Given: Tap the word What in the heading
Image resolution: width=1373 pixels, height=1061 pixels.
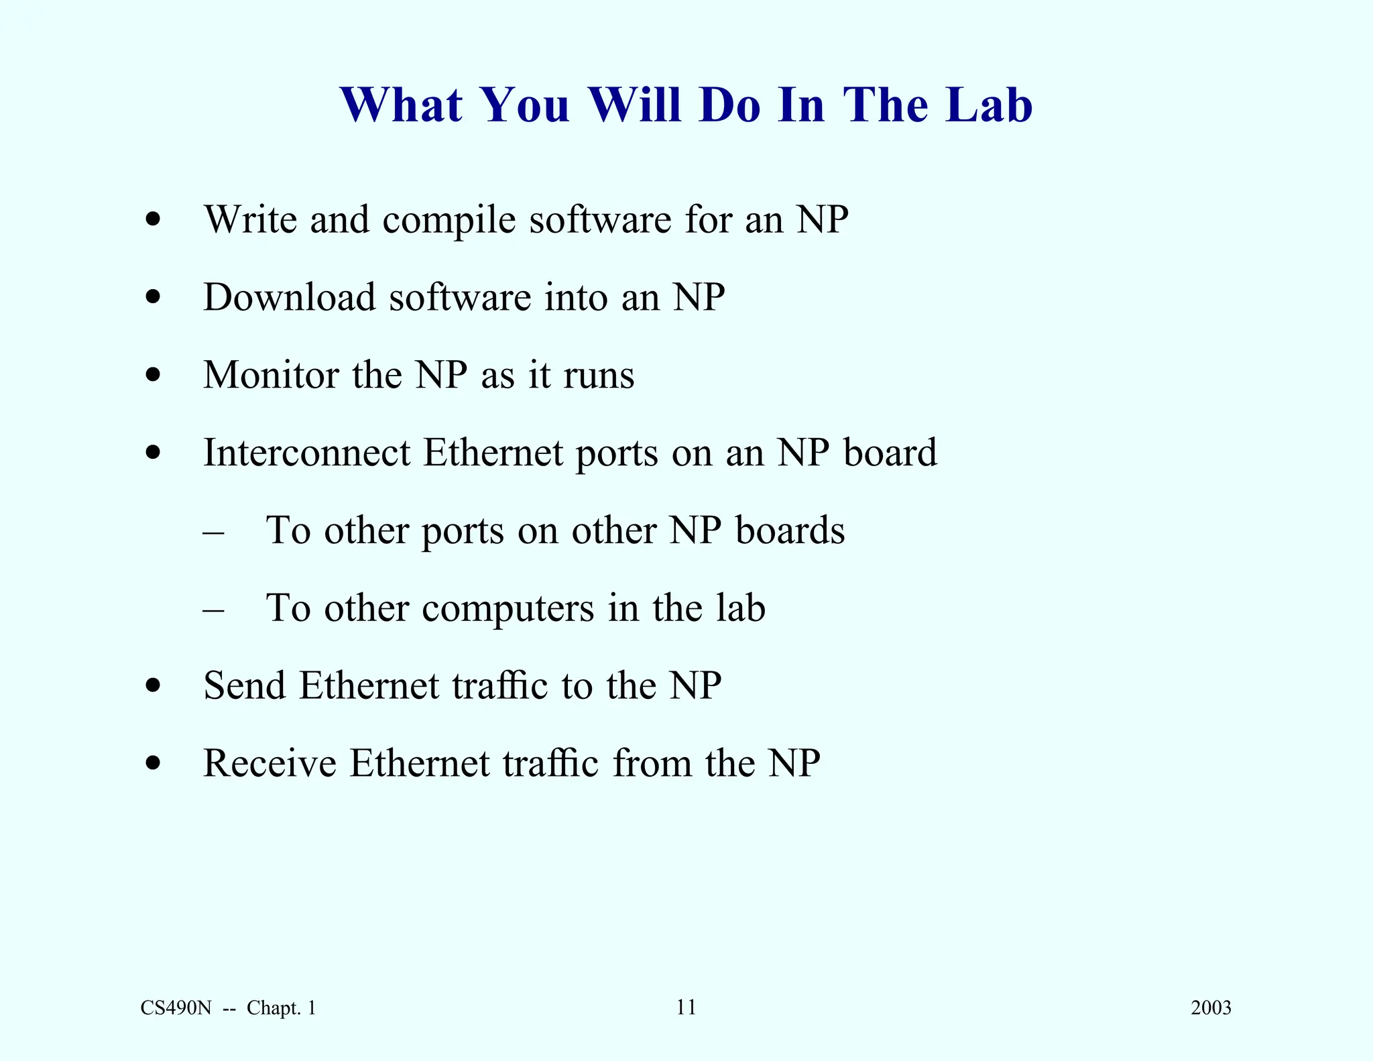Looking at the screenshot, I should click(401, 106).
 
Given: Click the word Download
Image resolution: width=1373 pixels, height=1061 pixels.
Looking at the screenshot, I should click(289, 297).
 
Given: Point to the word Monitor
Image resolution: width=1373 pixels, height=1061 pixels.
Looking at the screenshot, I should click(271, 375).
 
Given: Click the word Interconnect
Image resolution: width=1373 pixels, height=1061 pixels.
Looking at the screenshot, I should click(306, 453).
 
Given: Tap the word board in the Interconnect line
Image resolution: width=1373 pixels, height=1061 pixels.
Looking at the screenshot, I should click(890, 453).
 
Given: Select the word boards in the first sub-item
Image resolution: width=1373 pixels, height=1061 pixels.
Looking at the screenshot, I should click(790, 530).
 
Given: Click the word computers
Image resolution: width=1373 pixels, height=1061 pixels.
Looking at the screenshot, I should click(508, 609).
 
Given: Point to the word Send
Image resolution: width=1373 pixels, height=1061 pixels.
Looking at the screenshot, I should click(245, 686).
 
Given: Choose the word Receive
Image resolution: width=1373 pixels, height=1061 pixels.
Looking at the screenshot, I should click(270, 764).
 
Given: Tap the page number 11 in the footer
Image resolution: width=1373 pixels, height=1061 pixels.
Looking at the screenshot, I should click(686, 1007).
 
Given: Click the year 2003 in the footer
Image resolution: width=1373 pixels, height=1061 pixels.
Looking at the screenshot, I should click(1211, 1007).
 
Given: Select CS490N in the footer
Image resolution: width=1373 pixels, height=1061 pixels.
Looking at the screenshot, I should click(176, 1007).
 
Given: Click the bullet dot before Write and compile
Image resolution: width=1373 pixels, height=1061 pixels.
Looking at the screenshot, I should click(154, 219).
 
